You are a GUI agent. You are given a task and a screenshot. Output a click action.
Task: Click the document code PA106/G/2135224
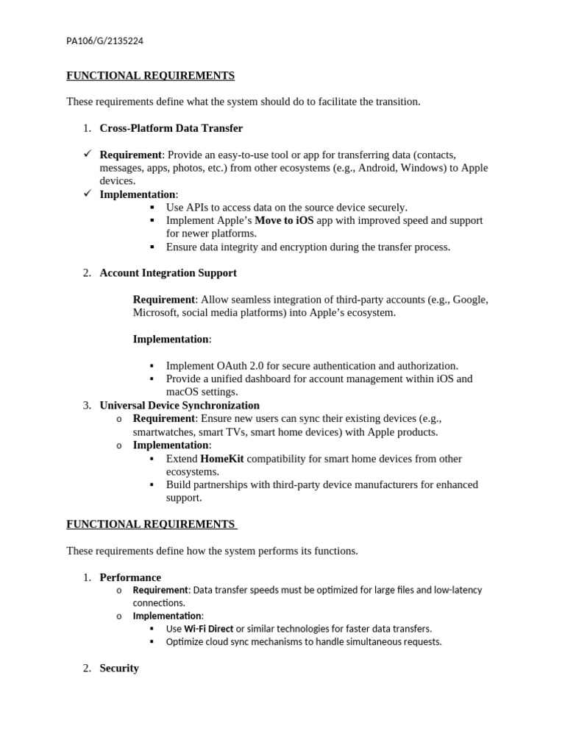[104, 40]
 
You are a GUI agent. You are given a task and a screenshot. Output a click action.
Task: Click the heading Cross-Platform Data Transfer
[171, 128]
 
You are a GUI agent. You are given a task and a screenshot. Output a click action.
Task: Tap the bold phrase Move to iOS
[284, 220]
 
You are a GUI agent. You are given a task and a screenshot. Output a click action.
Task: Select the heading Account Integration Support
[168, 273]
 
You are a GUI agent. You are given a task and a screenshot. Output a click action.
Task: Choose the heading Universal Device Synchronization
[180, 406]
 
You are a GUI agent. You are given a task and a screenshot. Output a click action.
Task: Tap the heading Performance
[130, 577]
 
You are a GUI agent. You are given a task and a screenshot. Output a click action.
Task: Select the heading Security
[119, 669]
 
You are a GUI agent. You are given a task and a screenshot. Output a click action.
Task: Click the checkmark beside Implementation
[86, 194]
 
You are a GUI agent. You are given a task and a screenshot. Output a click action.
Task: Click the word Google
[469, 300]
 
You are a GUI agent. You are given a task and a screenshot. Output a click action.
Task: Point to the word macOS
[183, 392]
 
